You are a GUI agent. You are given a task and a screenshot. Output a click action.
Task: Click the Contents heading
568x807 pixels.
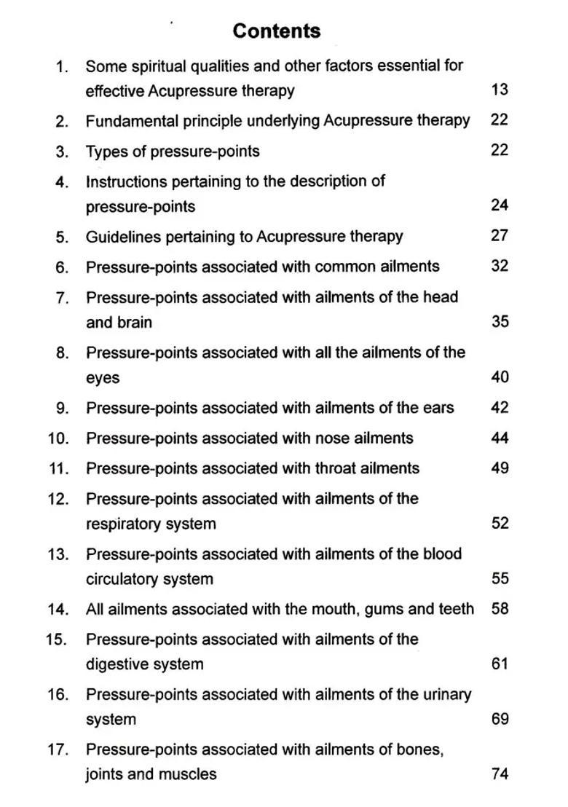coord(277,31)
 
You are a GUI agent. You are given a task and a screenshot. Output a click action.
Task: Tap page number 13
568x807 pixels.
coord(499,90)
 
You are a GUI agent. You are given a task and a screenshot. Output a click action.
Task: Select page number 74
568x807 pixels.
coord(499,774)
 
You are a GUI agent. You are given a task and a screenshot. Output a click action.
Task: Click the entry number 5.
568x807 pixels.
coord(62,237)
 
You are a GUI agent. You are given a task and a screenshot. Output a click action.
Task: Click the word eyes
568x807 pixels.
coord(103,379)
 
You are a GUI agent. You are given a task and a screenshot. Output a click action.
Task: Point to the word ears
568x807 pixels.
coord(437,408)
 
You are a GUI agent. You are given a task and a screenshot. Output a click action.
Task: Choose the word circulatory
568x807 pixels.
coord(125,579)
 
